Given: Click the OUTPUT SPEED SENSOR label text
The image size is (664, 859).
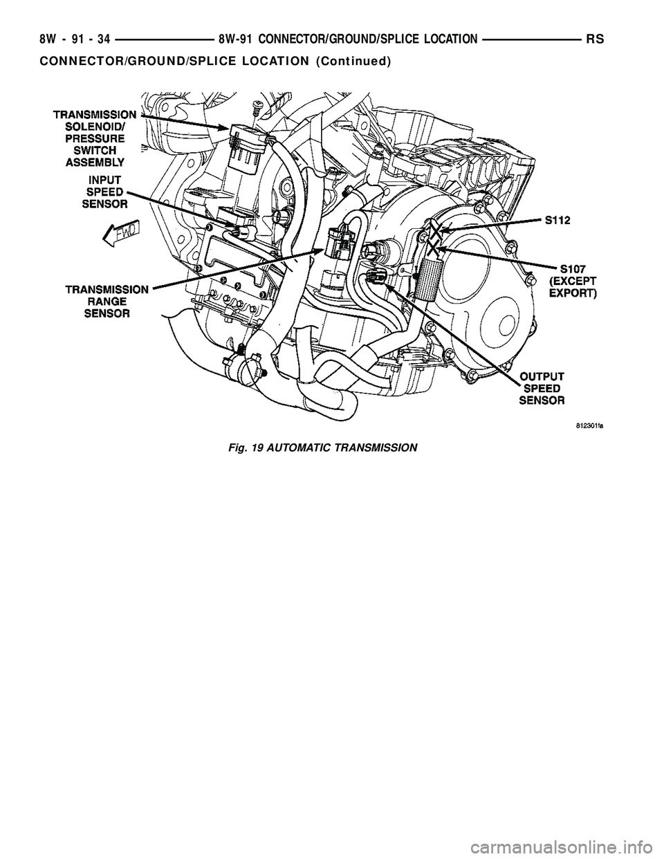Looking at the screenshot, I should pos(542,388).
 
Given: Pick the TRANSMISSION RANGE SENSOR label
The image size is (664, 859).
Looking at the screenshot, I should pos(105,302).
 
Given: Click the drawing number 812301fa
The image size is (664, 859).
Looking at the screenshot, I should pos(585,427).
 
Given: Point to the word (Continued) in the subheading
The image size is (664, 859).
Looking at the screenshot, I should pos(353,61).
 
